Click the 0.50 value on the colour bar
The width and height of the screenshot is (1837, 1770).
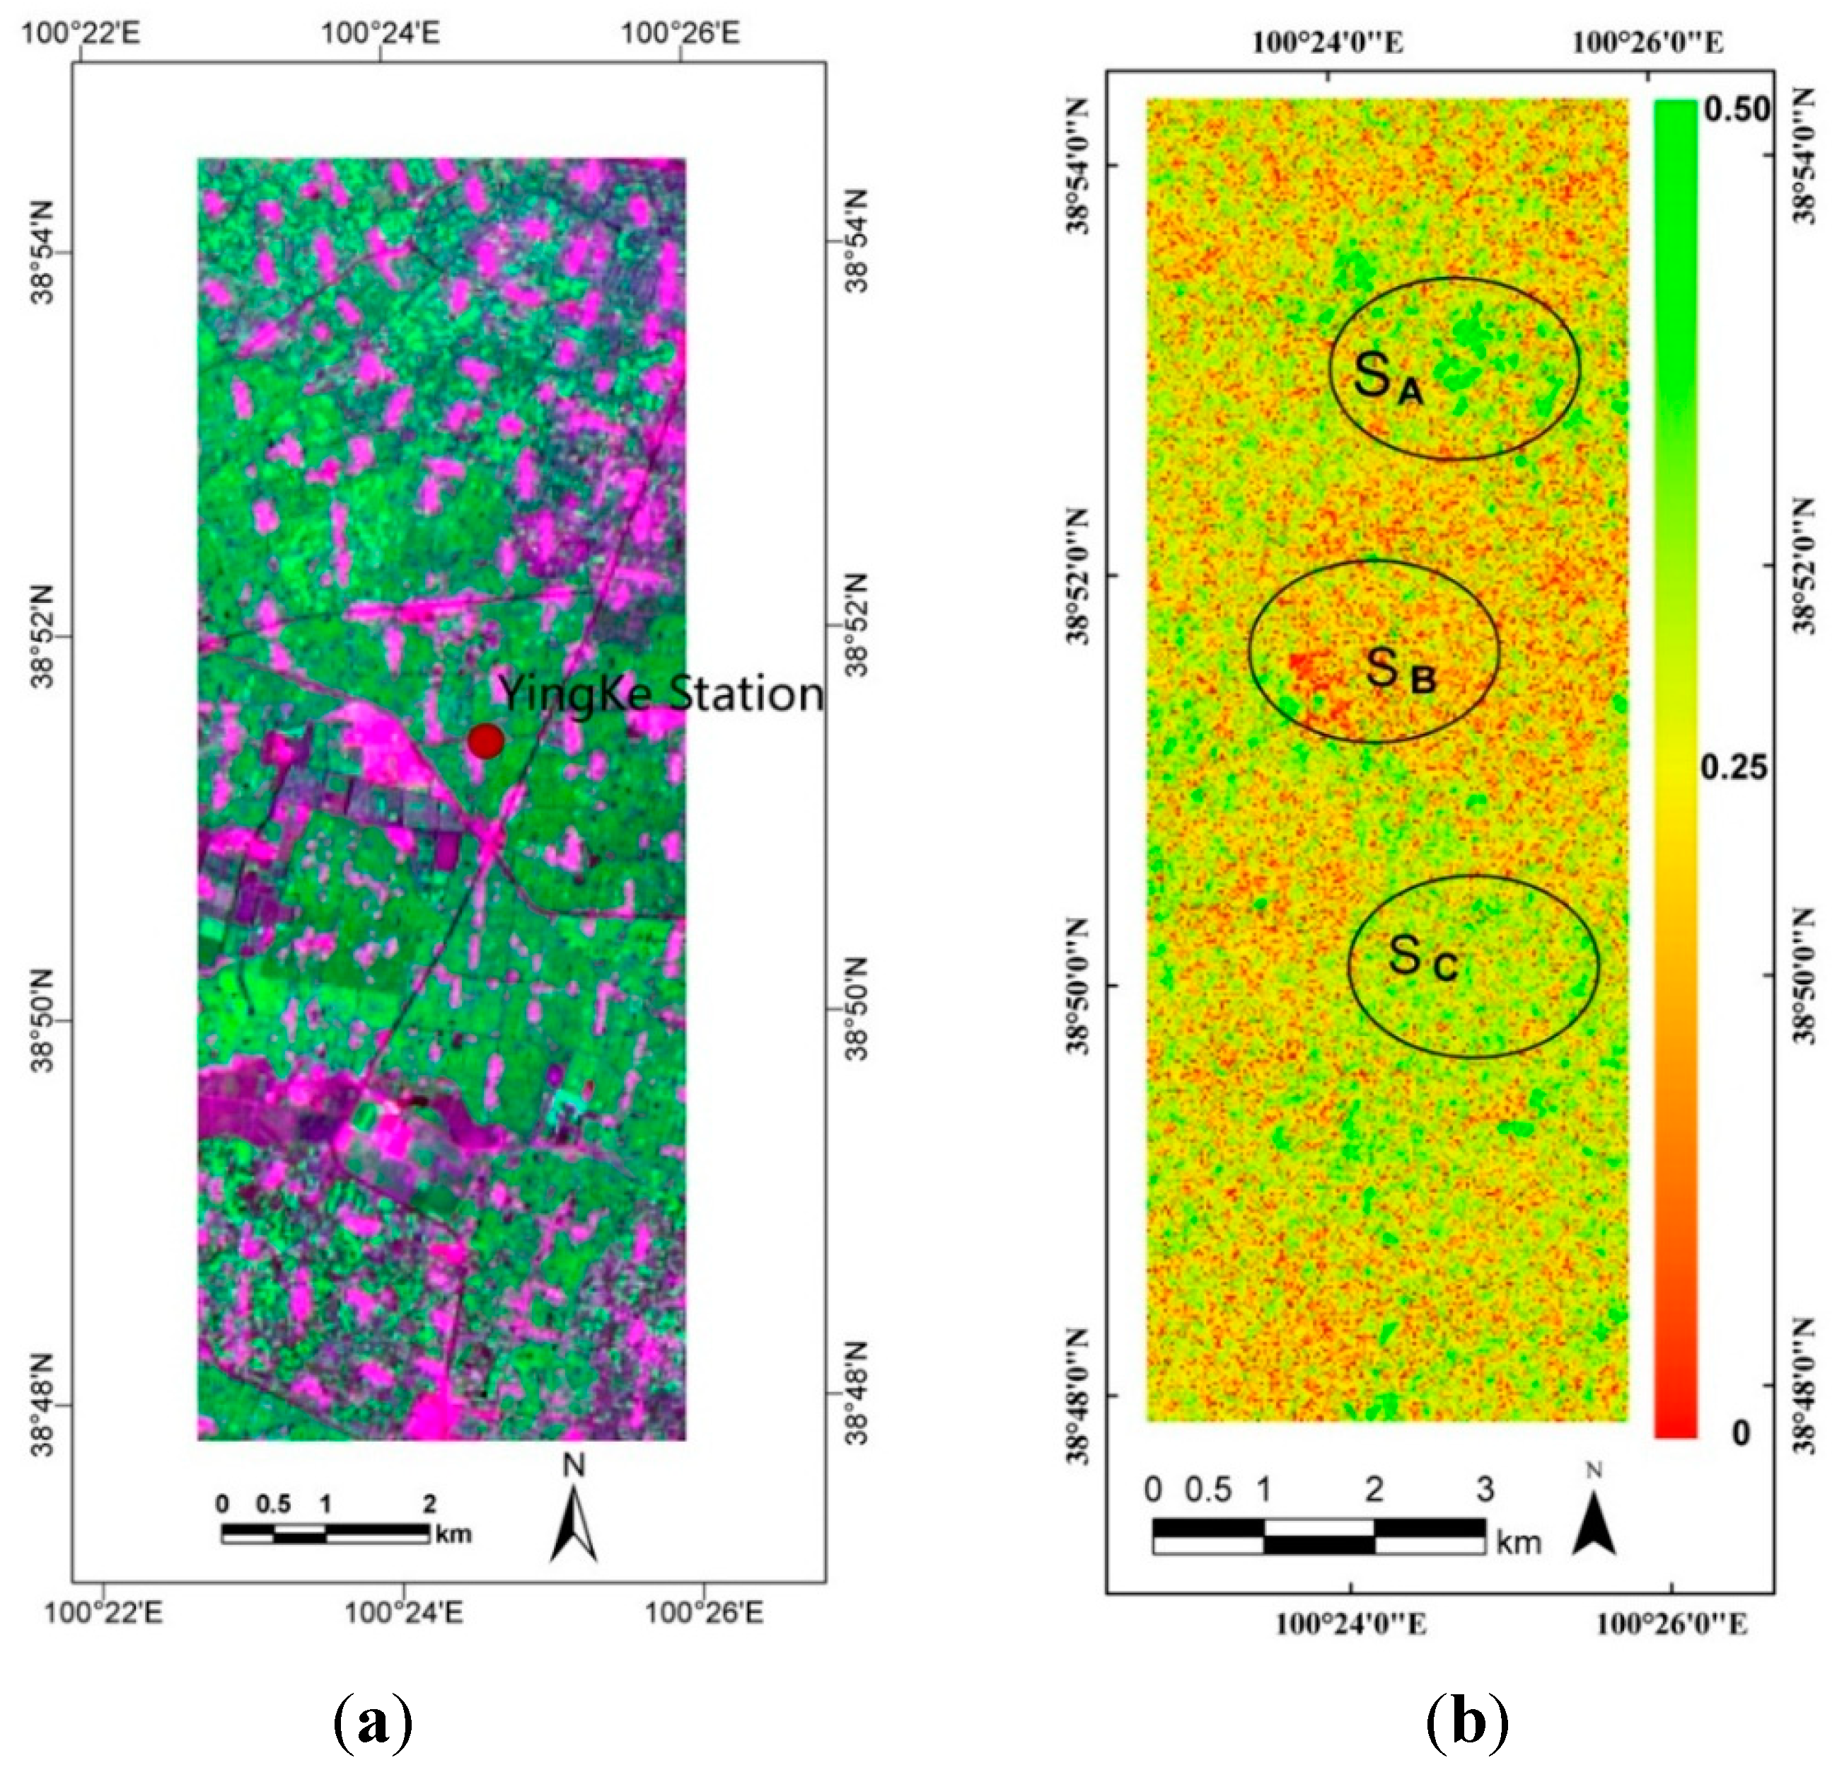click(x=1736, y=110)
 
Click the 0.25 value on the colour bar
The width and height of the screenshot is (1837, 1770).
click(x=1734, y=769)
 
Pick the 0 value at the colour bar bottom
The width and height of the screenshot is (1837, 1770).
click(x=1741, y=1432)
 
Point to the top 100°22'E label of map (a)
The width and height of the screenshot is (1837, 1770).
click(x=81, y=33)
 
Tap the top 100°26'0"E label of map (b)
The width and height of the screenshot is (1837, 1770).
click(x=1647, y=42)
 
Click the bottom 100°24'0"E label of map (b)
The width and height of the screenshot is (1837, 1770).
click(x=1350, y=1624)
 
